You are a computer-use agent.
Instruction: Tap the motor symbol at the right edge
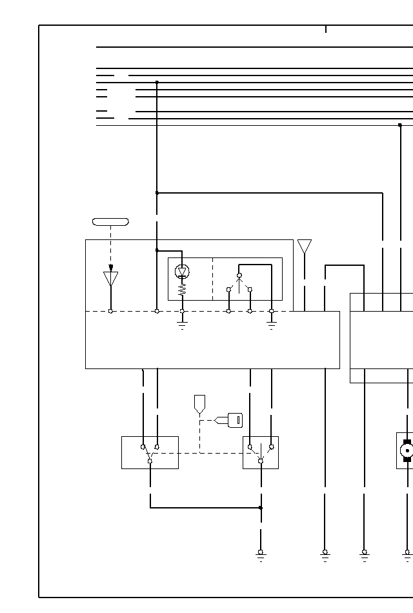[x=407, y=450]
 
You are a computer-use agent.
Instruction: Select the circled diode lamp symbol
[x=182, y=272]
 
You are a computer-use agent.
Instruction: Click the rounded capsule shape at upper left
[x=110, y=222]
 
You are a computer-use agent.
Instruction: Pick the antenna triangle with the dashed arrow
[x=111, y=279]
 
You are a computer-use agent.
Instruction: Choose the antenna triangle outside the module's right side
[x=305, y=246]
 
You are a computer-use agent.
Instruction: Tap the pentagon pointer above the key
[x=199, y=404]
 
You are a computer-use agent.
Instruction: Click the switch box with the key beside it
[x=261, y=452]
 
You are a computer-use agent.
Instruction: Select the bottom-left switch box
[x=150, y=452]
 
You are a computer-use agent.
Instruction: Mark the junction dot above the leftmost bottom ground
[x=261, y=508]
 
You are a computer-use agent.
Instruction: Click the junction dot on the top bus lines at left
[x=157, y=83]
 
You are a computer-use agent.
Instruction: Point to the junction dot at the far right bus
[x=400, y=125]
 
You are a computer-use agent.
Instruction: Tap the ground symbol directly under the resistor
[x=182, y=326]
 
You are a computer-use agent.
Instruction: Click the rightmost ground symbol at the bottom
[x=407, y=555]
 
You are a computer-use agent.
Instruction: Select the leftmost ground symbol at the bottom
[x=261, y=555]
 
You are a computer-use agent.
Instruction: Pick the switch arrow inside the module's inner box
[x=239, y=283]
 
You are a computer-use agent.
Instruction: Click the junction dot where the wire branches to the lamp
[x=157, y=250]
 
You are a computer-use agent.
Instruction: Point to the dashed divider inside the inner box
[x=212, y=279]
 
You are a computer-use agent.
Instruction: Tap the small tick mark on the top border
[x=326, y=29]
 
